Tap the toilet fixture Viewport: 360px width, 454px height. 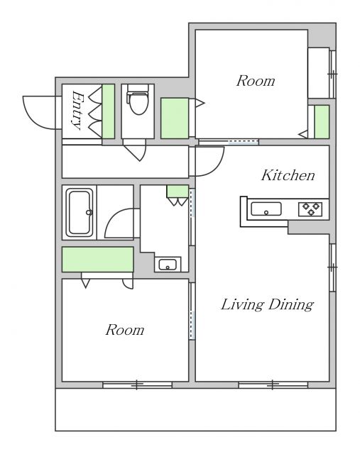(x=138, y=99)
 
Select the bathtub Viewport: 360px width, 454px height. (x=80, y=212)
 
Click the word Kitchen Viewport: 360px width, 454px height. (x=288, y=175)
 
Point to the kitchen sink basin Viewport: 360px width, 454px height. (x=266, y=209)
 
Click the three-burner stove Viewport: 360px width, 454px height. (x=310, y=209)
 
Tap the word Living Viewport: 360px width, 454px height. (x=242, y=305)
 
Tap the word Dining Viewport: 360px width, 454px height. (x=290, y=305)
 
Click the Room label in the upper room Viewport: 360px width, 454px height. (x=256, y=81)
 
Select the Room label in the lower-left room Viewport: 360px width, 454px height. (x=125, y=330)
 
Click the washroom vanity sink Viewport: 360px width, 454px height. (x=168, y=265)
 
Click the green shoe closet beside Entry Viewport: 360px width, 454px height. (x=108, y=111)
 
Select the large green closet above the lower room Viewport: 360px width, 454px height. (x=98, y=260)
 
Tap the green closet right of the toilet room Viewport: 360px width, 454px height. (x=175, y=118)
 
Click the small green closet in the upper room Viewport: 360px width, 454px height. (x=322, y=122)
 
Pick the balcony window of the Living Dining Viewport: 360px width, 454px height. (x=273, y=384)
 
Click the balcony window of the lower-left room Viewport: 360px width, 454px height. (x=137, y=384)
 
